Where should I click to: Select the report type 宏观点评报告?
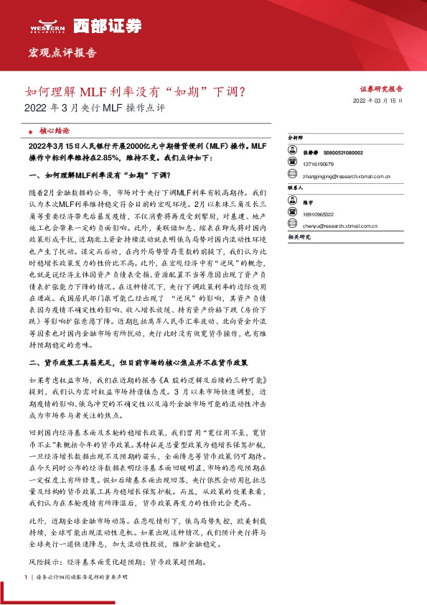tap(62, 53)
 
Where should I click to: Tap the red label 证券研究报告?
tap(381, 89)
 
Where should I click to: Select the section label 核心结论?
tap(55, 131)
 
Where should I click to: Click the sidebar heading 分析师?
tap(296, 136)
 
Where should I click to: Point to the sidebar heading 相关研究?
tap(299, 236)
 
